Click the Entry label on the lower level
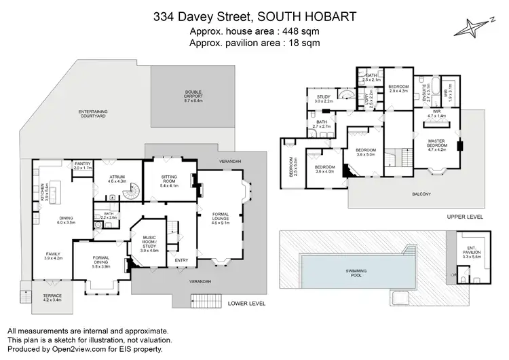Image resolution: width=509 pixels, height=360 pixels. click(x=181, y=259)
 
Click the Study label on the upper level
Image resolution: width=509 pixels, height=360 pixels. click(x=324, y=98)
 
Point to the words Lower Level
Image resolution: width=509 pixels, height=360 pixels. click(x=245, y=303)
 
